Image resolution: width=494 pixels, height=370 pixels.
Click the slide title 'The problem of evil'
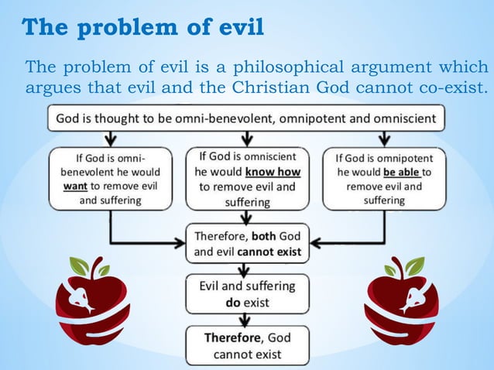click(142, 28)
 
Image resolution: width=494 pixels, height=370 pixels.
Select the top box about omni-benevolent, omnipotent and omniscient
click(246, 118)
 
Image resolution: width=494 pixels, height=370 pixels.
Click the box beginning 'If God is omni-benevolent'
click(109, 178)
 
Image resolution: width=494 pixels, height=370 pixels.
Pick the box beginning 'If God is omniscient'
click(247, 178)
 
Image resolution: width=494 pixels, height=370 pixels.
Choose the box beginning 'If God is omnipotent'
click(385, 178)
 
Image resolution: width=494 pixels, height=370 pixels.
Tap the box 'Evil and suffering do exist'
click(247, 293)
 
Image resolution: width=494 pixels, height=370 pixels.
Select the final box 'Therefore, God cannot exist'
click(247, 346)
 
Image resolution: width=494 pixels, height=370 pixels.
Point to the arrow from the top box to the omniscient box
click(246, 138)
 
